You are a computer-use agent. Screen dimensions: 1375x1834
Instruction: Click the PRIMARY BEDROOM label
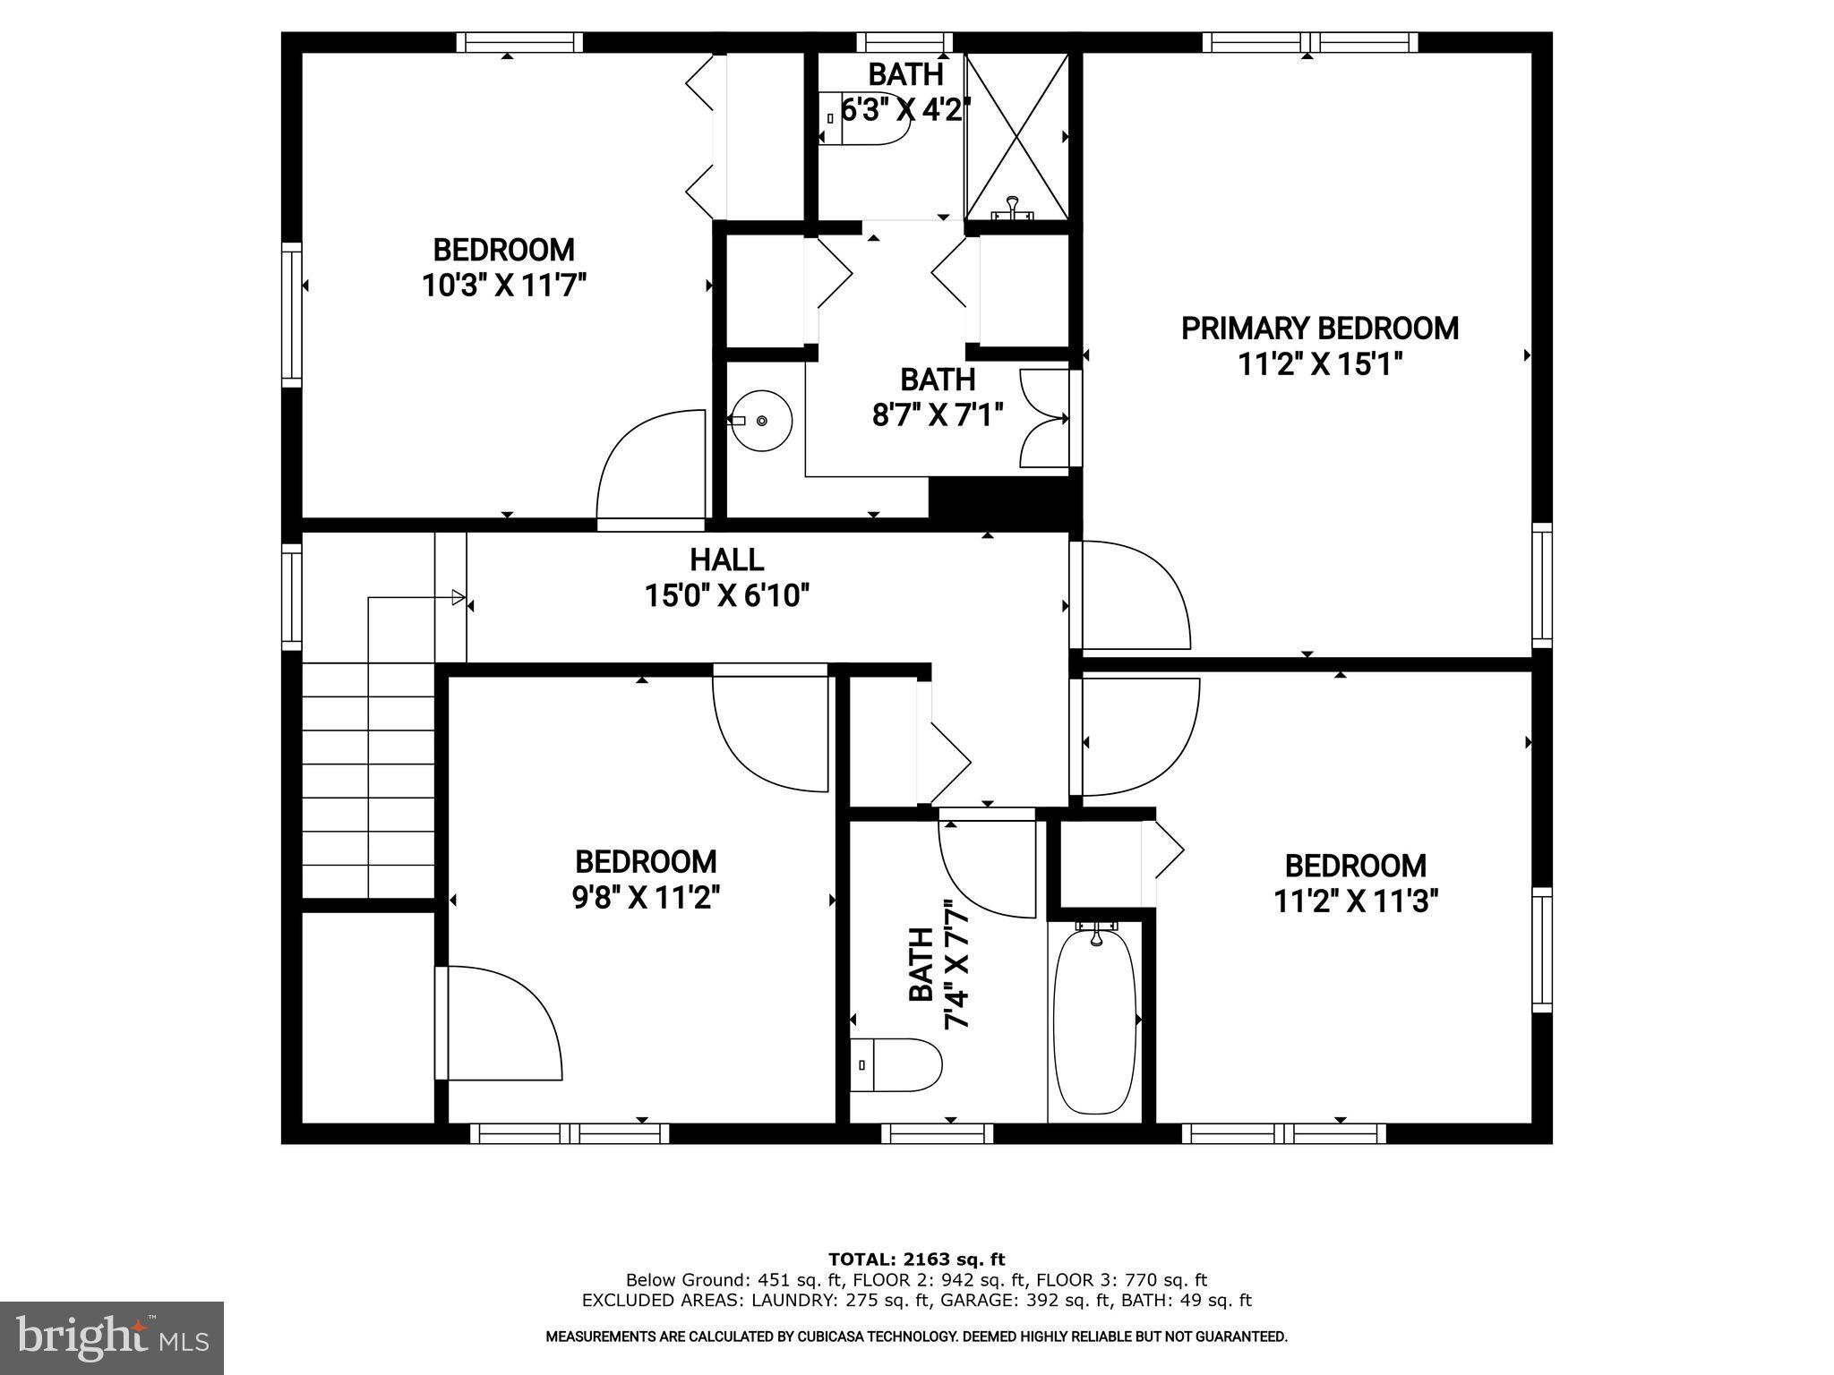pos(1319,329)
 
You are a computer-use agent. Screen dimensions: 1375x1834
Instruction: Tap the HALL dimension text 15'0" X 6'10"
pos(727,595)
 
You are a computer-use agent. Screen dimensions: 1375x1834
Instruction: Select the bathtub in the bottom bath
pos(1094,1021)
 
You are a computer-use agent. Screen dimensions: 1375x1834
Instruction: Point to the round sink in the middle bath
pos(761,420)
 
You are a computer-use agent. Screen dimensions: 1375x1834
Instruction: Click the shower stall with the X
pos(1016,134)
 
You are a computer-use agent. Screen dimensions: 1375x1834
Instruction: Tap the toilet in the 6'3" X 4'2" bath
pos(864,126)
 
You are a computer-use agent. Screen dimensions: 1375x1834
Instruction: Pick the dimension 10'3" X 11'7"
pos(504,286)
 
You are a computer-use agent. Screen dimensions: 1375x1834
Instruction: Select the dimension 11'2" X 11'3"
pos(1355,901)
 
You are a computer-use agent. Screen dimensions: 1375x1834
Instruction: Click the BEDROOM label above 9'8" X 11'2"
pos(646,862)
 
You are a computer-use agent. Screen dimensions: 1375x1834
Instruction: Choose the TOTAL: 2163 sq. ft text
pos(916,1260)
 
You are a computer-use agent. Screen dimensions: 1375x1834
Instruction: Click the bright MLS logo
pos(112,1337)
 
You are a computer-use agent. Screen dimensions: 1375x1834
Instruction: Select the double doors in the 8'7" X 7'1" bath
pos(1044,419)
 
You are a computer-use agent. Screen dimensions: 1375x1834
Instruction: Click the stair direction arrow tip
pos(460,597)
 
